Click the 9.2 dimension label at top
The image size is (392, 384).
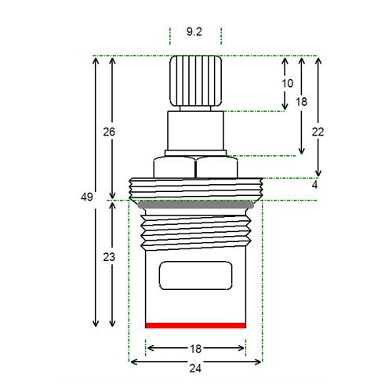(x=194, y=32)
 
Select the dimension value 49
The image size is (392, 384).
(x=87, y=197)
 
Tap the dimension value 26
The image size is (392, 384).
(x=109, y=132)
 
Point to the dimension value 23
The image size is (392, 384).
(x=109, y=257)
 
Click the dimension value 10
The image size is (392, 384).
(x=288, y=83)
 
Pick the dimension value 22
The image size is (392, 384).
(x=318, y=132)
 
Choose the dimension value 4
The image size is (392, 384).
(x=314, y=185)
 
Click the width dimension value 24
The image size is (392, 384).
(x=195, y=368)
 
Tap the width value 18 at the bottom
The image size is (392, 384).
(x=195, y=349)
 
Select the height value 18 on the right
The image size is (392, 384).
(x=301, y=102)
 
